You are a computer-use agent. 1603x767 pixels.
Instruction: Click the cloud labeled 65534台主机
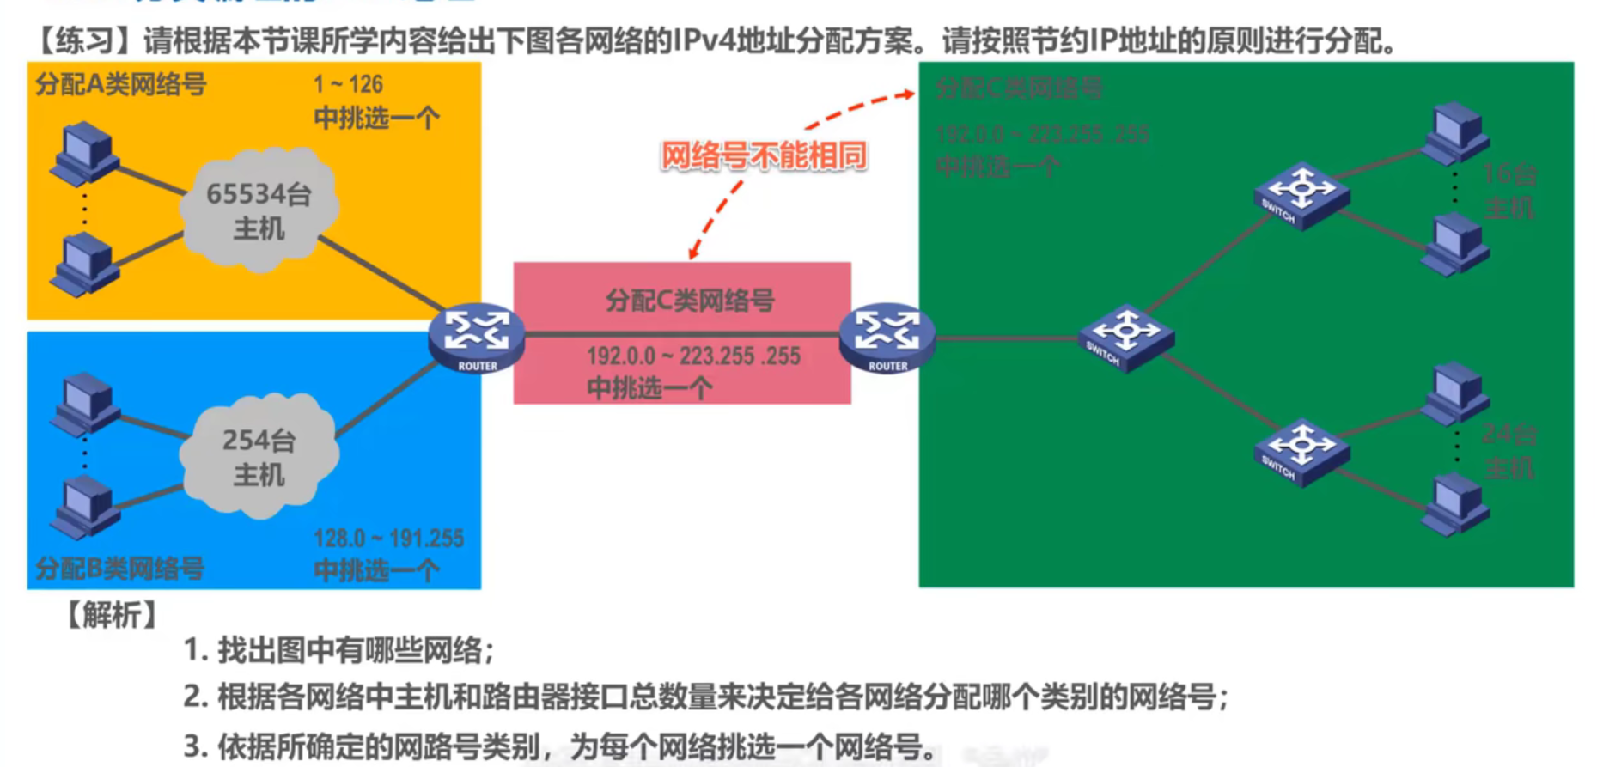coord(259,210)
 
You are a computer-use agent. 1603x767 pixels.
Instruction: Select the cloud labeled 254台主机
coord(259,456)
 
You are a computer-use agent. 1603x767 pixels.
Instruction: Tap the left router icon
coord(477,338)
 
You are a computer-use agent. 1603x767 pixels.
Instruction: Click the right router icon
coord(887,338)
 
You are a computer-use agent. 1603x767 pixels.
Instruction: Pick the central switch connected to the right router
coord(1125,338)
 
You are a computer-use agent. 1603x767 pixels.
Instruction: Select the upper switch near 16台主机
coord(1301,195)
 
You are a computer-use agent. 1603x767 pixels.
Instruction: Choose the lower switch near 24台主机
coord(1301,453)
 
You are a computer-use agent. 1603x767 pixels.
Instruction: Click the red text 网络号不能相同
coord(763,156)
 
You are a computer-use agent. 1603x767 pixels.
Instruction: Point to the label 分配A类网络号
coord(121,85)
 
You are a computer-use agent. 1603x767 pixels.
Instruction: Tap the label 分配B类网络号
coord(120,569)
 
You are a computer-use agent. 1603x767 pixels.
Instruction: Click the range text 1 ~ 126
coord(348,85)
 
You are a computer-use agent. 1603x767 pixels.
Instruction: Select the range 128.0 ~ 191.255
coord(388,539)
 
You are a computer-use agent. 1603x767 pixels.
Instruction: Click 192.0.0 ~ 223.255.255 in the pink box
coord(693,356)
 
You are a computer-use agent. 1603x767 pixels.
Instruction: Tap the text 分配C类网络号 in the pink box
coord(690,301)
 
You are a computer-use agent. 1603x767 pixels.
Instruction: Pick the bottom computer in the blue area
coord(84,507)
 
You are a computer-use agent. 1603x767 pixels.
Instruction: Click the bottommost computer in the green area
coord(1454,507)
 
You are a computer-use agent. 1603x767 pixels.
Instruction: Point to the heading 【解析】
coord(112,615)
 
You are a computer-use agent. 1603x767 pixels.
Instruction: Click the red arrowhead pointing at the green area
coord(908,94)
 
